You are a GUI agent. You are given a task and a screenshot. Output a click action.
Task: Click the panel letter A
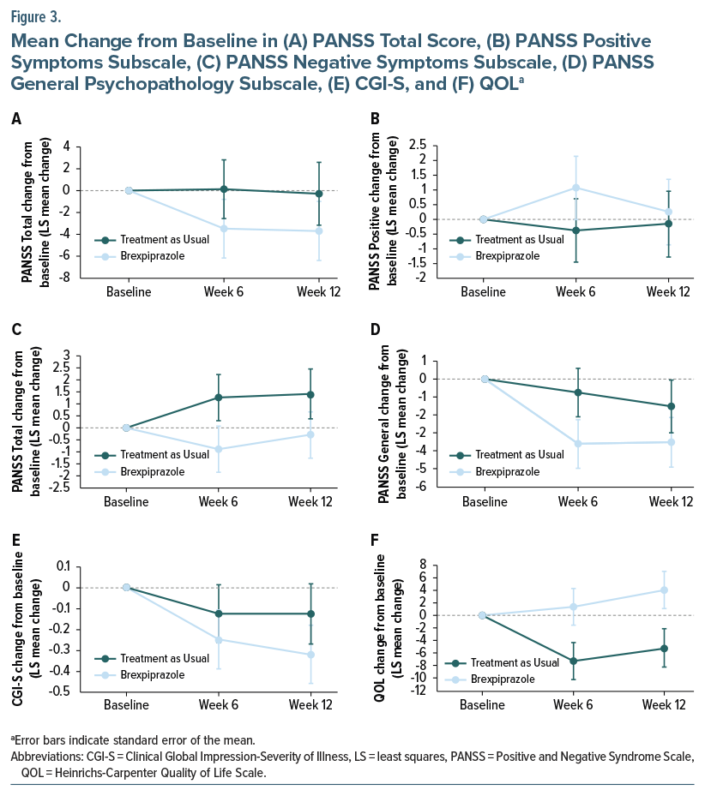click(x=16, y=120)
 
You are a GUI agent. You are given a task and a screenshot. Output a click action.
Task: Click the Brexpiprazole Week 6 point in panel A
click(x=224, y=228)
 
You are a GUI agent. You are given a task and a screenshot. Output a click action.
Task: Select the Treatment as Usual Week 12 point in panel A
click(x=319, y=194)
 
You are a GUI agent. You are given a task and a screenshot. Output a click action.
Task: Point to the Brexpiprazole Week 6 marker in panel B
click(x=577, y=188)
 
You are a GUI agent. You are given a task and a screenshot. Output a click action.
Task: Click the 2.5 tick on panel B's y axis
click(x=418, y=146)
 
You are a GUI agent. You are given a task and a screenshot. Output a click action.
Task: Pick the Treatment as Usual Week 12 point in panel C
click(x=319, y=394)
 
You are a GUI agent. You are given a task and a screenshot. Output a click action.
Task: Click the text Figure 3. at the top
click(x=37, y=16)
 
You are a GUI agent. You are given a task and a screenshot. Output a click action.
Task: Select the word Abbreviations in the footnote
click(x=45, y=757)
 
